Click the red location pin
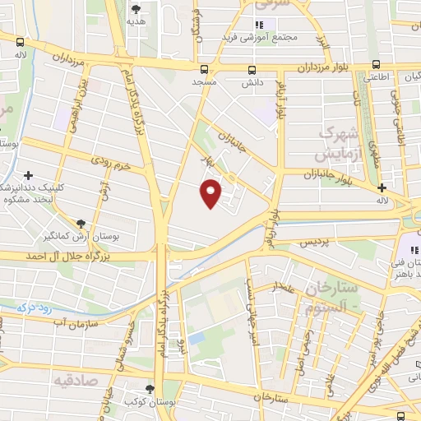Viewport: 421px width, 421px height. [x=211, y=193]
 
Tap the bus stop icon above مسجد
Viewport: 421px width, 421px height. [x=204, y=69]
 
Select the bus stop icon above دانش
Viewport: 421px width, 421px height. [x=252, y=69]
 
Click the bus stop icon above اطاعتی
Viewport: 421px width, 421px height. [x=376, y=63]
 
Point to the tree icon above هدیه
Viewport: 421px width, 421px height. [x=136, y=9]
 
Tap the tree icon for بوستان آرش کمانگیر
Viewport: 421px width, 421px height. [x=81, y=223]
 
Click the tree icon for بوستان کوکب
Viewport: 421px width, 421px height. [x=149, y=389]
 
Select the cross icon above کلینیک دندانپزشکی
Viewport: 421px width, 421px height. [x=29, y=175]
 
